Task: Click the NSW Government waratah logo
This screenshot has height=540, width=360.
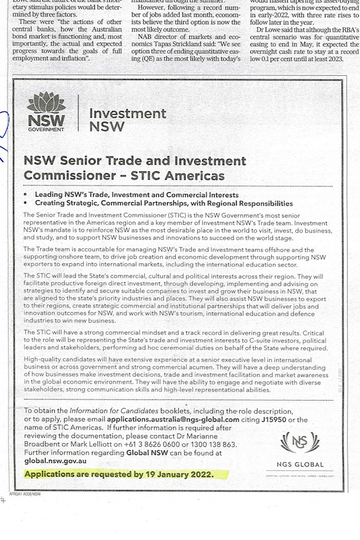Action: point(46,111)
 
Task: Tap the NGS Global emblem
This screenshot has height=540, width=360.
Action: point(300,442)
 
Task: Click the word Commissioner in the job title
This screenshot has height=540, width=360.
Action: point(62,175)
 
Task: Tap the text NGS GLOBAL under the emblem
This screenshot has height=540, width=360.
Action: point(300,463)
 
